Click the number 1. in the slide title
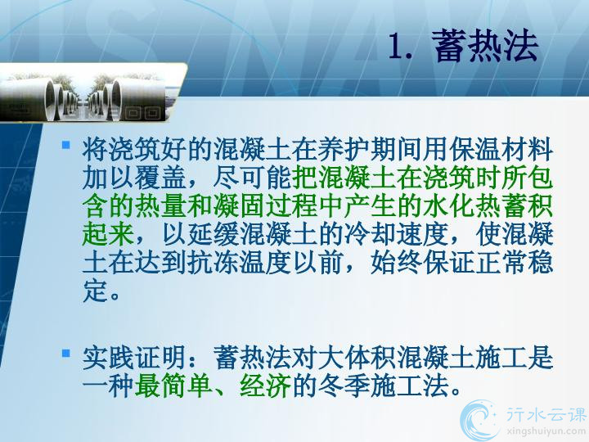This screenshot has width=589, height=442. coord(400,46)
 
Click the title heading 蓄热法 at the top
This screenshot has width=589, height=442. coord(485,46)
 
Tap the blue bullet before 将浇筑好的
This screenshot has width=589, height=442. coord(66,145)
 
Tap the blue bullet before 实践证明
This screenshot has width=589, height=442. coord(66,353)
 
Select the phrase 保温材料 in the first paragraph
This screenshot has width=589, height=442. coord(501,150)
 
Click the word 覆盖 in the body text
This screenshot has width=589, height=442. coord(160,178)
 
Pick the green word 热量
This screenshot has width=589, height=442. coord(160,206)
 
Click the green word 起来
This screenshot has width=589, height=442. coord(108,234)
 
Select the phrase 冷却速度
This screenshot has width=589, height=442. coord(396,234)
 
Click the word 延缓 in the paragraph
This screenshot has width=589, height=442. coord(213,234)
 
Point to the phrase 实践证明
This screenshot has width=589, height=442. coord(134,358)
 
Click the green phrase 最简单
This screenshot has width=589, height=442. coord(173,386)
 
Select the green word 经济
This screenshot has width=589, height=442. coord(265,386)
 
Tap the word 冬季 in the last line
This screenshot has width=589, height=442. coord(344,386)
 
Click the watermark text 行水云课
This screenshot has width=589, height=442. coord(546,414)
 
